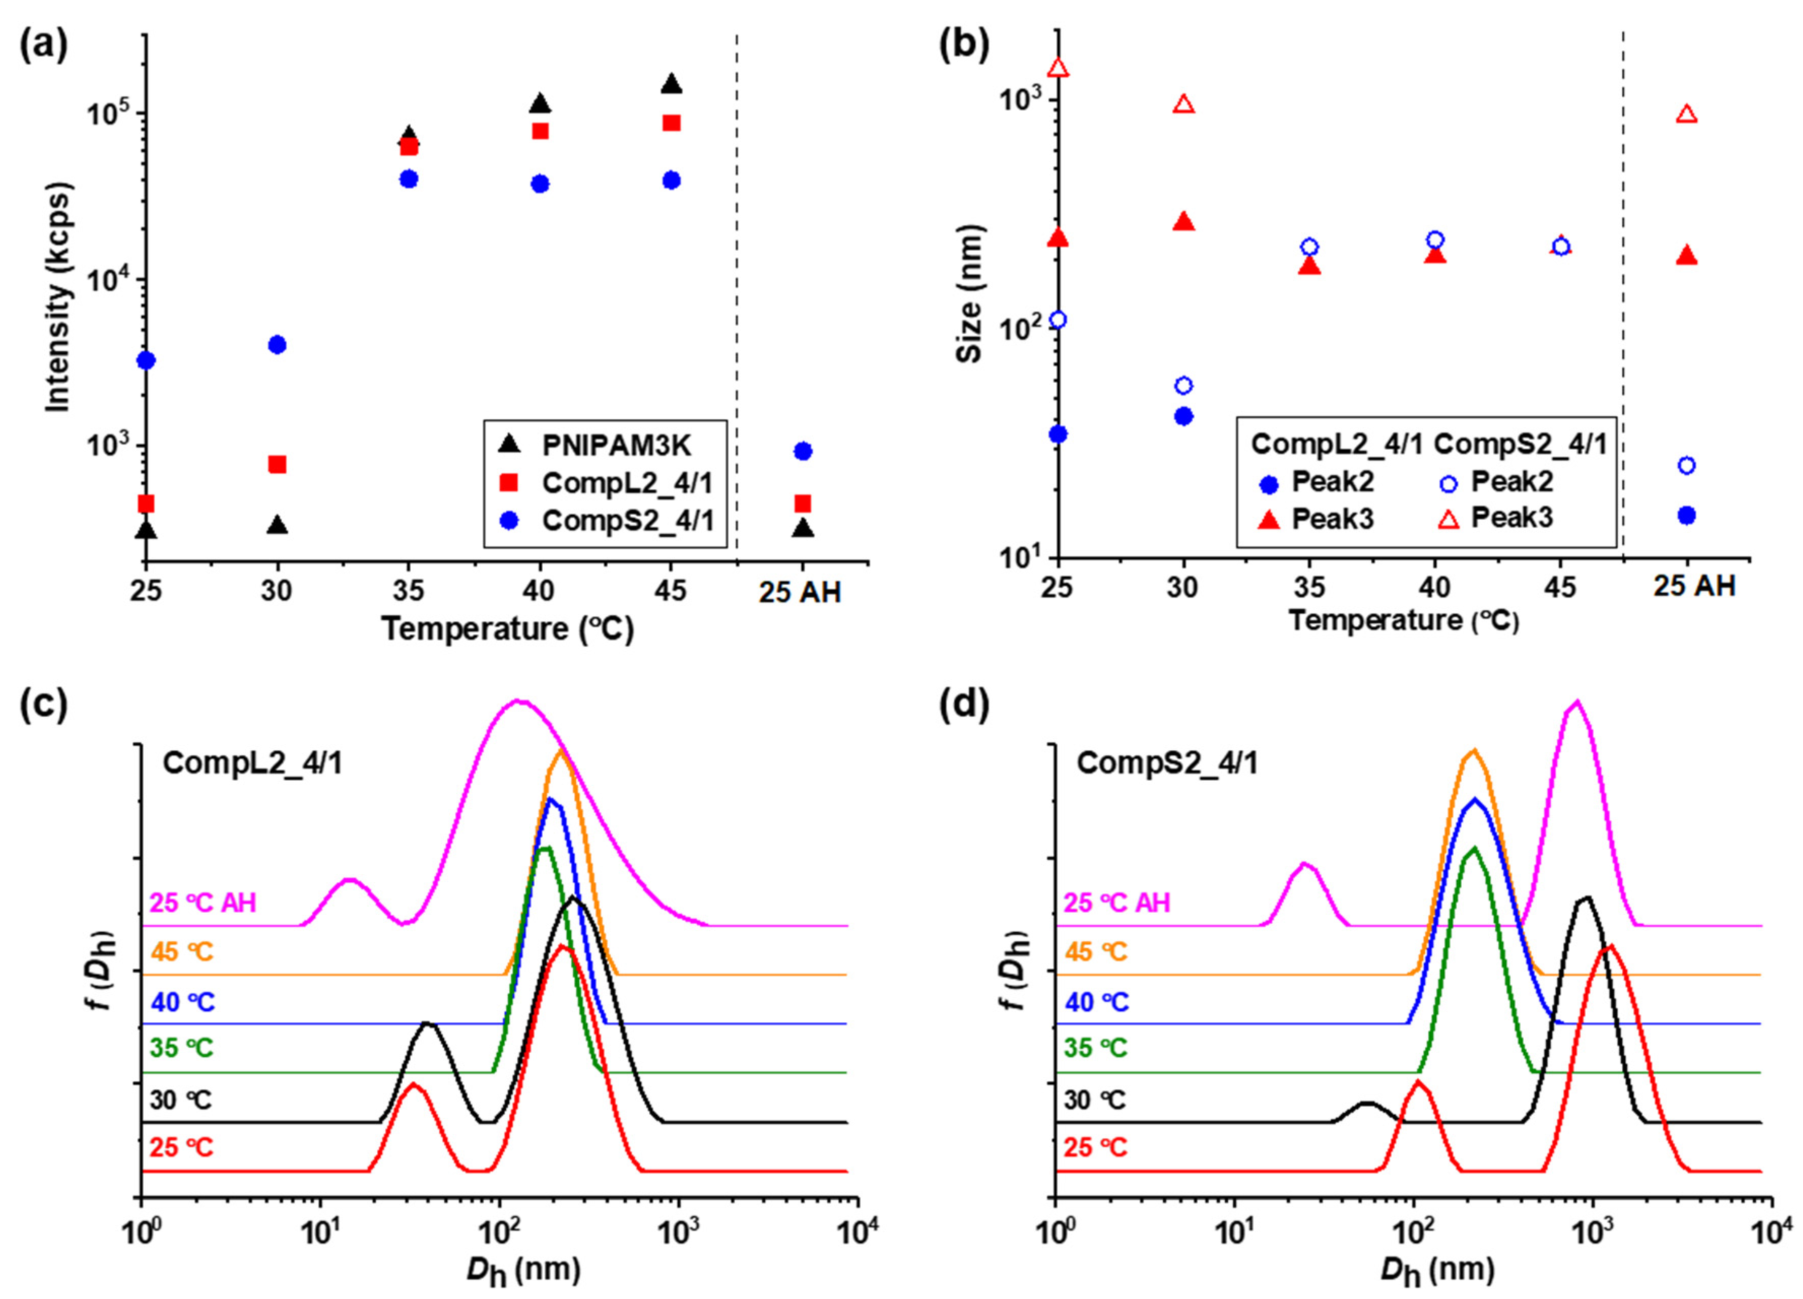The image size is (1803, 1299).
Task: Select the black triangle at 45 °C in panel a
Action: pyautogui.click(x=672, y=83)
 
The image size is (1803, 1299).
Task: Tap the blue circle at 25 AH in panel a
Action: pyautogui.click(x=803, y=451)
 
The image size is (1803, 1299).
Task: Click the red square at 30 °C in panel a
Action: pyautogui.click(x=277, y=464)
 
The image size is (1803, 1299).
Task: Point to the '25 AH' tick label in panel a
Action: pyautogui.click(x=799, y=592)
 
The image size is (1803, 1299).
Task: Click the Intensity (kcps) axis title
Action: pyautogui.click(x=57, y=297)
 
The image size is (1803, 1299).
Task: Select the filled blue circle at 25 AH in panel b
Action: pyautogui.click(x=1687, y=515)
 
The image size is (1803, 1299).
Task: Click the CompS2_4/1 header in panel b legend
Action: pyautogui.click(x=1520, y=444)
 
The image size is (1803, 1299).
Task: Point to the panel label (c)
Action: pyautogui.click(x=44, y=705)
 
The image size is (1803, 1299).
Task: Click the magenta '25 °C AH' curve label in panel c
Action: pyautogui.click(x=204, y=903)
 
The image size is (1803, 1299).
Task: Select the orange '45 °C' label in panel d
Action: pyautogui.click(x=1096, y=952)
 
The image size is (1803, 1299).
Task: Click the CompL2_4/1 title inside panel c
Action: pyautogui.click(x=253, y=763)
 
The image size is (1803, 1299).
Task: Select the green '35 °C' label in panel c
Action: pyautogui.click(x=182, y=1048)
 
